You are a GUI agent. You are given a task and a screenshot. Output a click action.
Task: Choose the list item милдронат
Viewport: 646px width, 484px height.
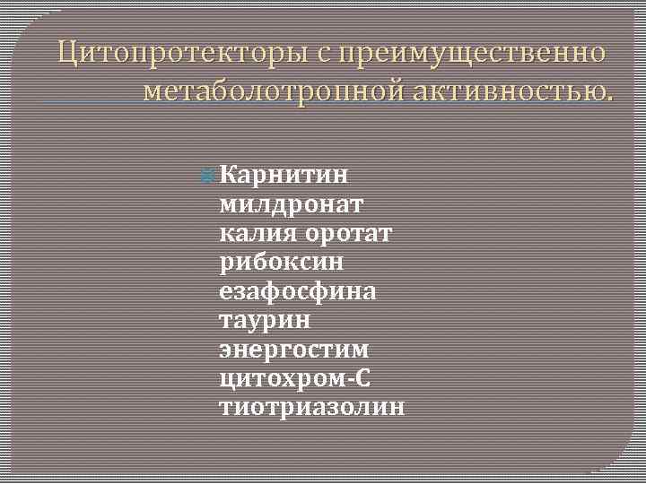291,203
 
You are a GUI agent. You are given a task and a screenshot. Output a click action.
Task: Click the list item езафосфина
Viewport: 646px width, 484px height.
298,291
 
